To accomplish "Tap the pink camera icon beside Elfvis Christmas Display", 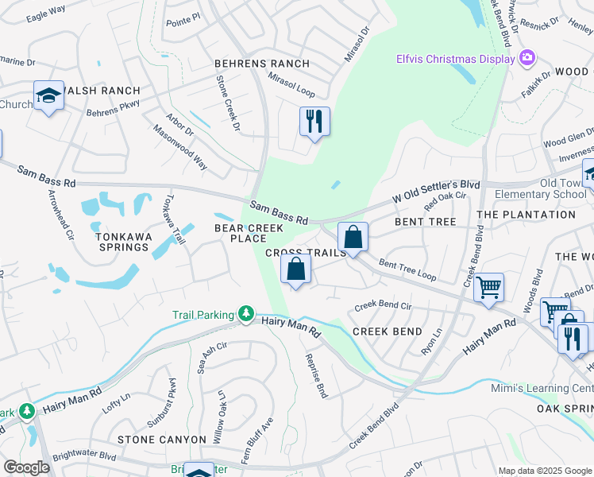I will (x=526, y=57).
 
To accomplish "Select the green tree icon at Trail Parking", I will (x=247, y=314).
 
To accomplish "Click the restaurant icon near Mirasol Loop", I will (x=314, y=122).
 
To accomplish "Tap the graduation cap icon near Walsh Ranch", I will (x=48, y=96).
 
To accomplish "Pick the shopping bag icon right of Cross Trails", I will (x=353, y=237).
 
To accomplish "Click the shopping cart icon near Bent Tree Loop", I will (x=488, y=287).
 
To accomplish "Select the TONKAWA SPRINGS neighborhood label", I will (x=121, y=242).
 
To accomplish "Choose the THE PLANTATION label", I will (x=526, y=215).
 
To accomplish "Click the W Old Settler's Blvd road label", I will (x=437, y=193).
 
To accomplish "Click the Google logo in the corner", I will (x=26, y=467).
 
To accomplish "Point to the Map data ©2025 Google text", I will (x=544, y=471).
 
